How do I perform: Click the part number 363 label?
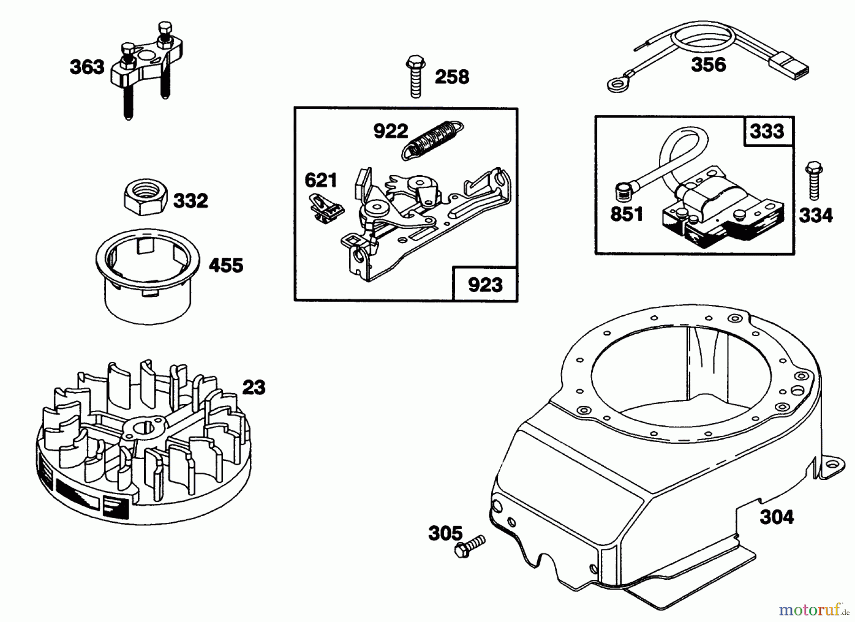click(87, 67)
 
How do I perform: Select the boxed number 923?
click(485, 284)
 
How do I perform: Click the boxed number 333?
click(767, 131)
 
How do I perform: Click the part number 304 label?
click(777, 517)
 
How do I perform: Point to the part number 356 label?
click(708, 64)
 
